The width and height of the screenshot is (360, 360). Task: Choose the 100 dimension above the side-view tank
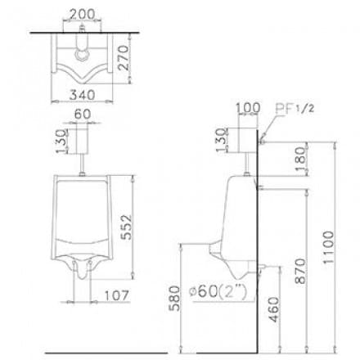[x=246, y=106]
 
